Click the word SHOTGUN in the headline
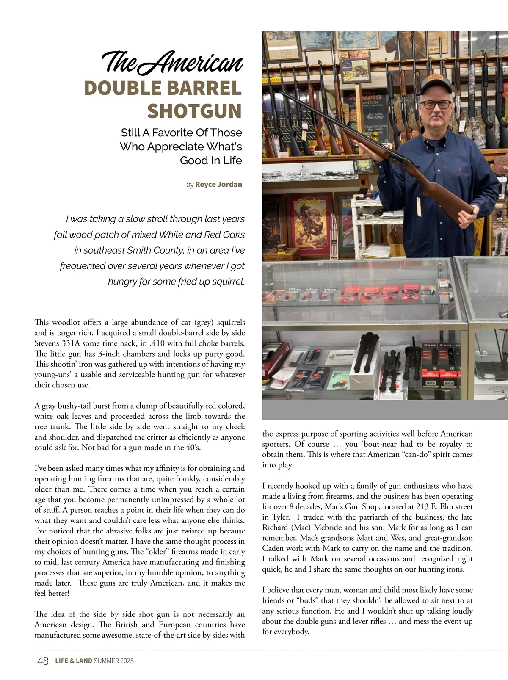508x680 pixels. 194,111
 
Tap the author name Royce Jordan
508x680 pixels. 218,185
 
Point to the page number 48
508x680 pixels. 43,661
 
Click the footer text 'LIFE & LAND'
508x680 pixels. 73,661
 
